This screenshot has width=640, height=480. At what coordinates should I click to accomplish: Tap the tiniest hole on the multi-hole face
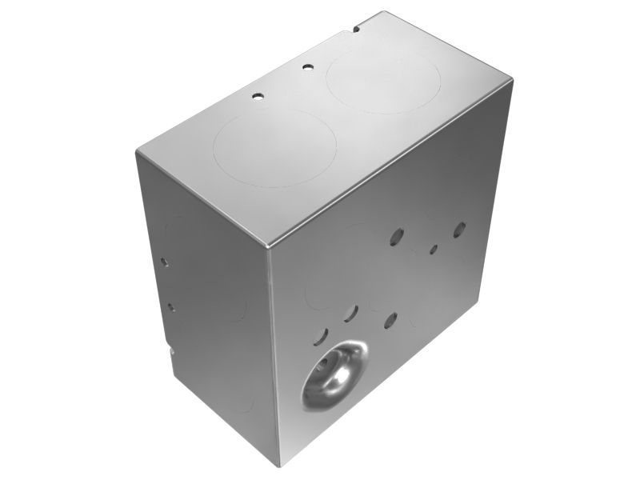pos(433,250)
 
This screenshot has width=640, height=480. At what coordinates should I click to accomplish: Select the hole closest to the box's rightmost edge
pos(459,230)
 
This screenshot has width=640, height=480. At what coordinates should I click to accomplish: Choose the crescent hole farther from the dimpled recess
pos(350,314)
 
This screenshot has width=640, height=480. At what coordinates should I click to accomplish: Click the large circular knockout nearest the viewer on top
pos(274,149)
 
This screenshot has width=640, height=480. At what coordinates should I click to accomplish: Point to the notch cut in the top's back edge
pos(354,30)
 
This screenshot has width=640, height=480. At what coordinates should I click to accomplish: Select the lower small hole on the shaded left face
pos(170,306)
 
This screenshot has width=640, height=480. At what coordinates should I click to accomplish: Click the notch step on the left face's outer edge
pos(170,349)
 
